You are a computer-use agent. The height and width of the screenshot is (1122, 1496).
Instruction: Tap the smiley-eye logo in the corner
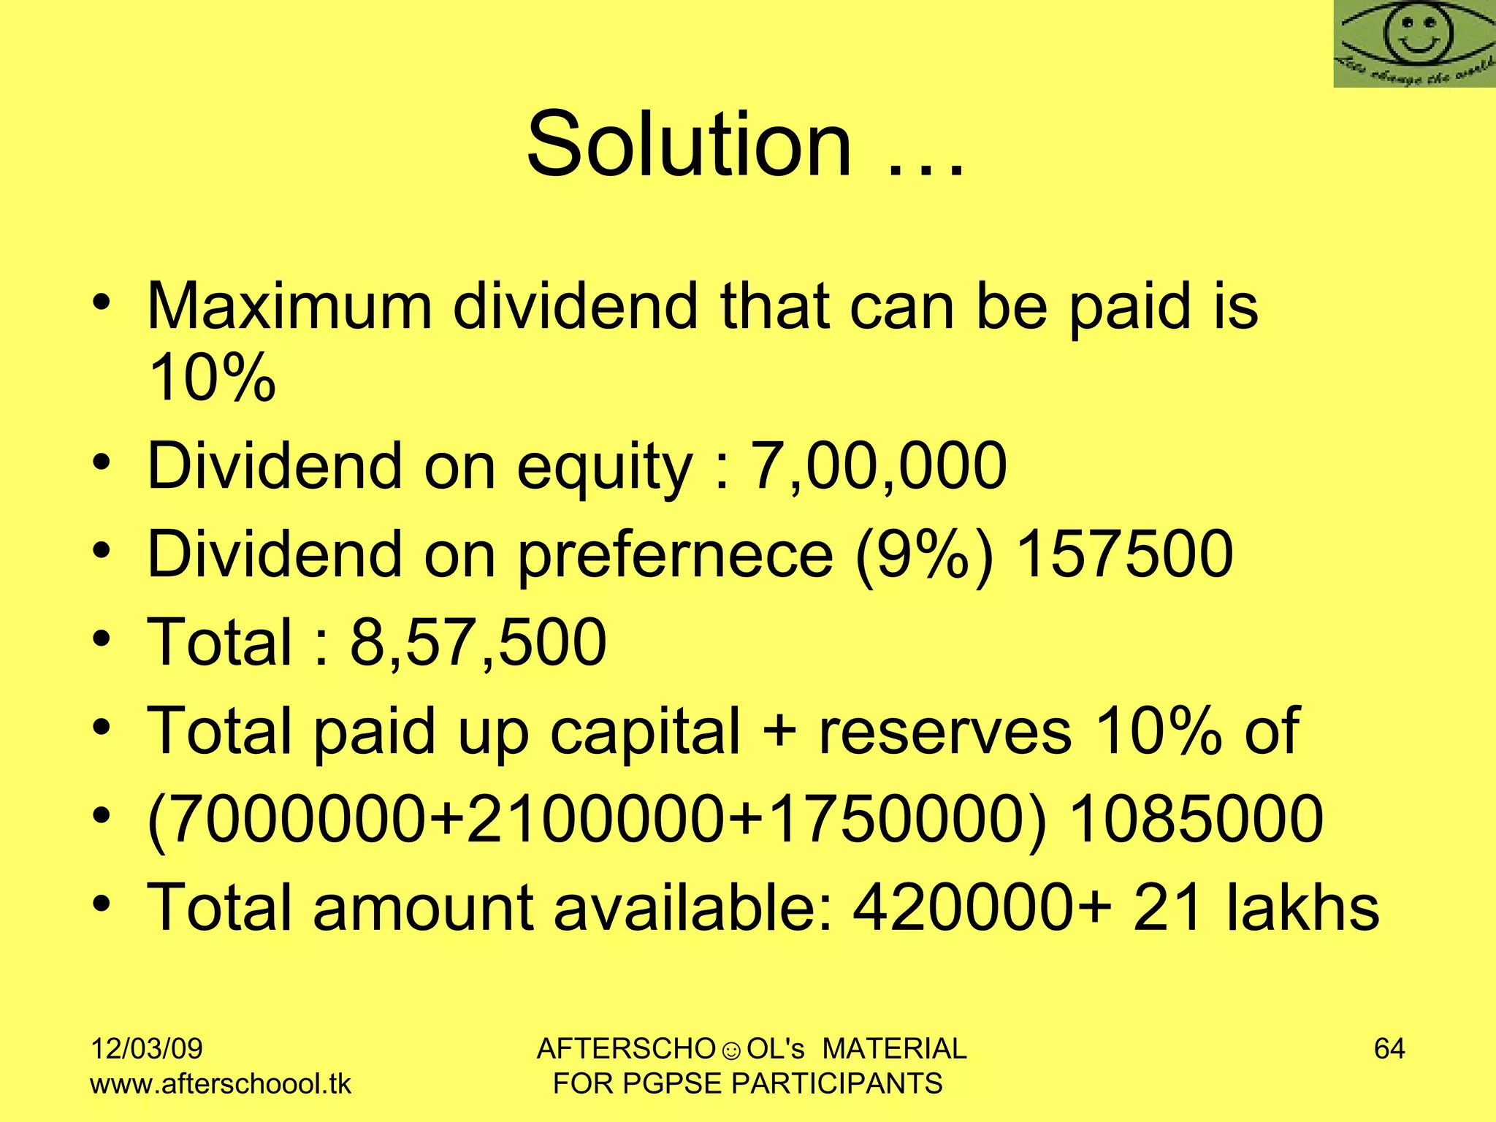click(x=1414, y=44)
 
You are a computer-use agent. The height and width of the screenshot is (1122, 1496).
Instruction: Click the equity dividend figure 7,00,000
click(x=879, y=465)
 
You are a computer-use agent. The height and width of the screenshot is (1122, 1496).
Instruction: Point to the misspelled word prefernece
click(x=675, y=554)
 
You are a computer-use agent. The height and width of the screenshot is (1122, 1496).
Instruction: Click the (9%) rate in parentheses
click(x=924, y=554)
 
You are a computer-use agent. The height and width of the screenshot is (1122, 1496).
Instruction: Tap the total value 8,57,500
click(x=478, y=642)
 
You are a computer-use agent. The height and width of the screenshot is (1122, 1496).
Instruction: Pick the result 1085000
click(x=1196, y=818)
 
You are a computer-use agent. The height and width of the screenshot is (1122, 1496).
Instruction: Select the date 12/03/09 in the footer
click(x=146, y=1049)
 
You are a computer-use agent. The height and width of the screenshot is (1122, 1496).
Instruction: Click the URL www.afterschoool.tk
click(x=221, y=1083)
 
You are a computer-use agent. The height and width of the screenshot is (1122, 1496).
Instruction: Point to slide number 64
click(x=1389, y=1049)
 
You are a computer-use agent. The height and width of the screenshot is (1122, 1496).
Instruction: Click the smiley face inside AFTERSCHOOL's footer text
click(x=730, y=1051)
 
